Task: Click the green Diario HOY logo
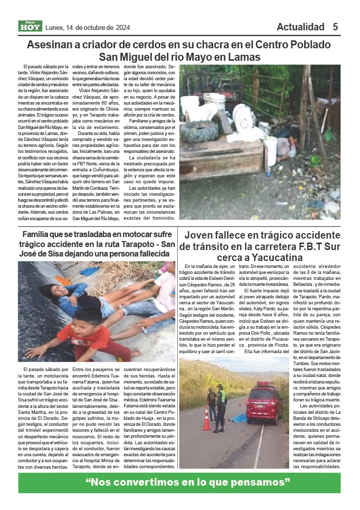[x=30, y=26]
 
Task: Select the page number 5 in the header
[x=336, y=27]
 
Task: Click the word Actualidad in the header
[x=300, y=27]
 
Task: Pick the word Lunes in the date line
[x=54, y=27]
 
